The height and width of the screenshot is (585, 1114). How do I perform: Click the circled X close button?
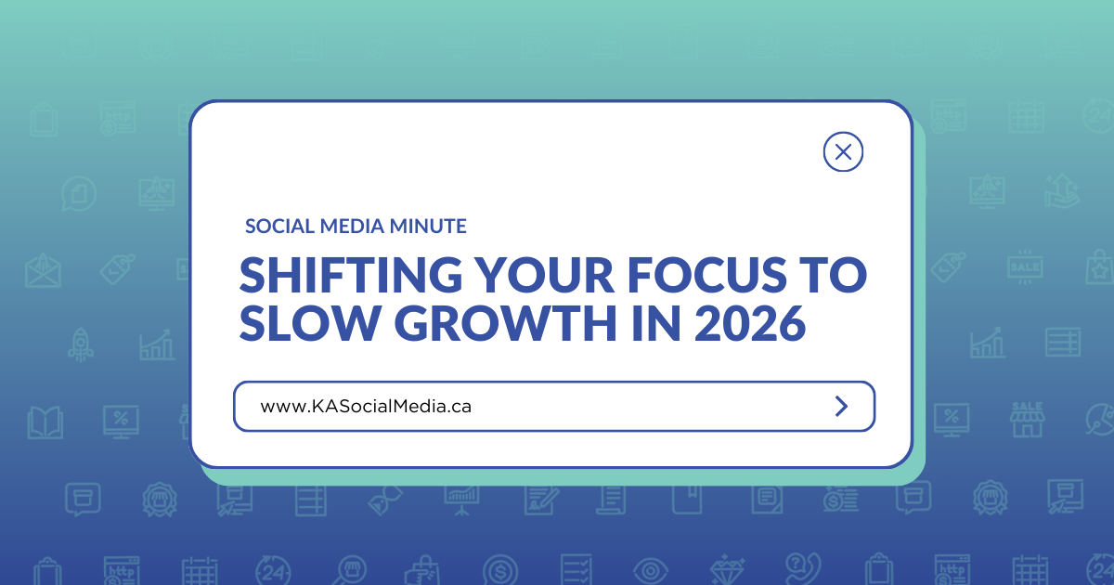(843, 151)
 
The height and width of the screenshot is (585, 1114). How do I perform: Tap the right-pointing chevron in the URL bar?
(841, 406)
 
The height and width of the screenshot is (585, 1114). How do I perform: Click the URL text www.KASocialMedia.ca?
(366, 407)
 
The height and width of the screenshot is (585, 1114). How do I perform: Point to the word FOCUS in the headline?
(711, 276)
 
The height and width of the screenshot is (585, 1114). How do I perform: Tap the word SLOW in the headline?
(304, 326)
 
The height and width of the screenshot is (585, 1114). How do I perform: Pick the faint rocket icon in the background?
(79, 344)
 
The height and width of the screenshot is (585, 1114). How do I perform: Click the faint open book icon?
(45, 421)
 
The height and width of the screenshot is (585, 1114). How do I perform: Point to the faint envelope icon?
(43, 268)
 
